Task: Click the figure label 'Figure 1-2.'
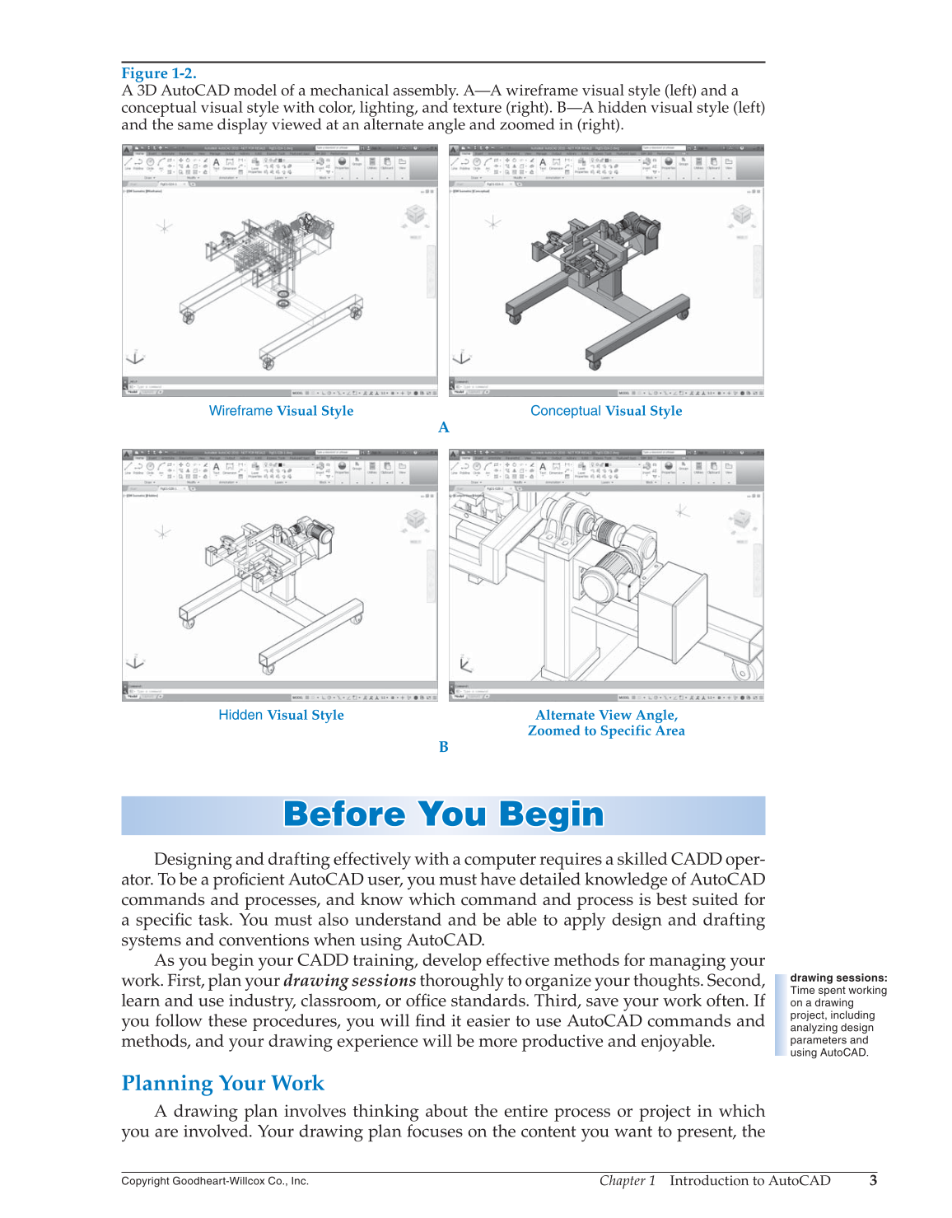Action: pos(159,73)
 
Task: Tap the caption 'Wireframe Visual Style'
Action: pos(281,411)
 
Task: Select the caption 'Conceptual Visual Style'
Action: pos(606,411)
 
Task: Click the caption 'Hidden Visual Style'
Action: pos(281,715)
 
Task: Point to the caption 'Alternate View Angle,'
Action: pos(606,715)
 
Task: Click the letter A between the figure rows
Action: pos(444,427)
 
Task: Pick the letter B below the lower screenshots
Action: pos(444,747)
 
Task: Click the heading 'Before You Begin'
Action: pos(443,814)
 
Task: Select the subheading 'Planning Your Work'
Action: pos(222,1083)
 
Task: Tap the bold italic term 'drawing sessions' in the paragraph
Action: pos(349,981)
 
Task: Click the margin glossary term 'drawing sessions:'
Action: pos(838,978)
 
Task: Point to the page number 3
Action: pos(873,1180)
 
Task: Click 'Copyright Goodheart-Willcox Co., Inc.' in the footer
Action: pos(215,1181)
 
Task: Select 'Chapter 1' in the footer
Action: pos(627,1180)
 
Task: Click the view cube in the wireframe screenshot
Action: pos(416,217)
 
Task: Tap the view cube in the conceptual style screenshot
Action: pos(742,217)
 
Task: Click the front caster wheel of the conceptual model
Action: pos(593,358)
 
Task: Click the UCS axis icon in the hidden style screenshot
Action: pos(135,662)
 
